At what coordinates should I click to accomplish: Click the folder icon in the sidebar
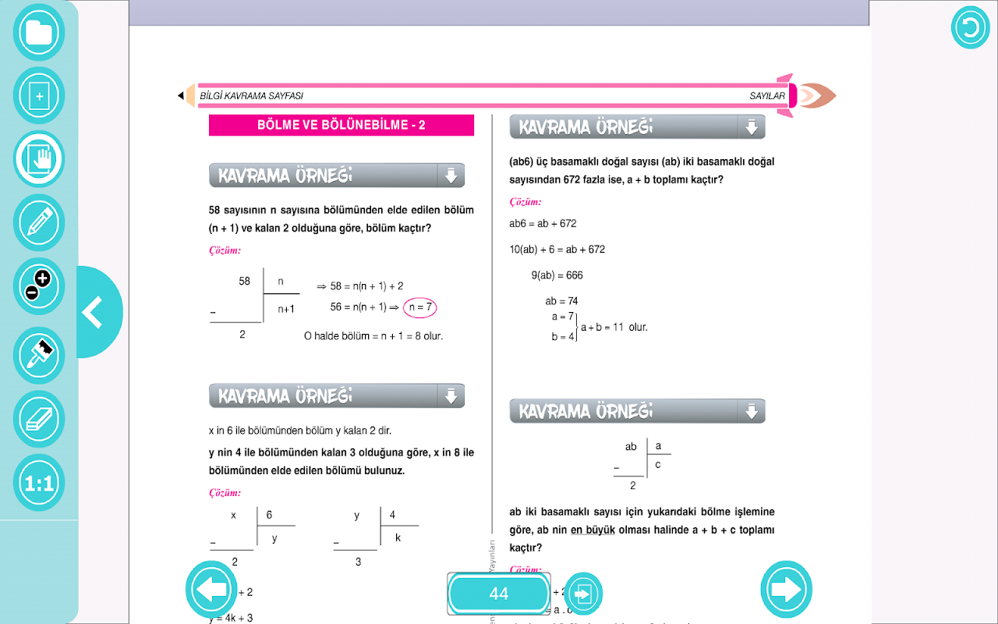(38, 33)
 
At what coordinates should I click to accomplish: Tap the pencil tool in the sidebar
(38, 222)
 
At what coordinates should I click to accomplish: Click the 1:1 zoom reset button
(38, 483)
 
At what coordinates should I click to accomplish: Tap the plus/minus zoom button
(38, 285)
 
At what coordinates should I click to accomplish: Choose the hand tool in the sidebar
(38, 159)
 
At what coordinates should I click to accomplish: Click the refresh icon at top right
(970, 29)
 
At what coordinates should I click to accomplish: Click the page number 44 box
(499, 594)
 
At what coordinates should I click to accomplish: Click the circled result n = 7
(419, 307)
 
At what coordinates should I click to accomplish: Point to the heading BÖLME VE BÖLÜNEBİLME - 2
(342, 125)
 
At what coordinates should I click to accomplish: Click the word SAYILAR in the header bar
(767, 96)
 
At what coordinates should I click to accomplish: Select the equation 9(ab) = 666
(557, 275)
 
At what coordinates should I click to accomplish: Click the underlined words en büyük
(593, 530)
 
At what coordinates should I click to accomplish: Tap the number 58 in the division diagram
(244, 281)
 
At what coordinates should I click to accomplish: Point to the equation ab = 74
(561, 301)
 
